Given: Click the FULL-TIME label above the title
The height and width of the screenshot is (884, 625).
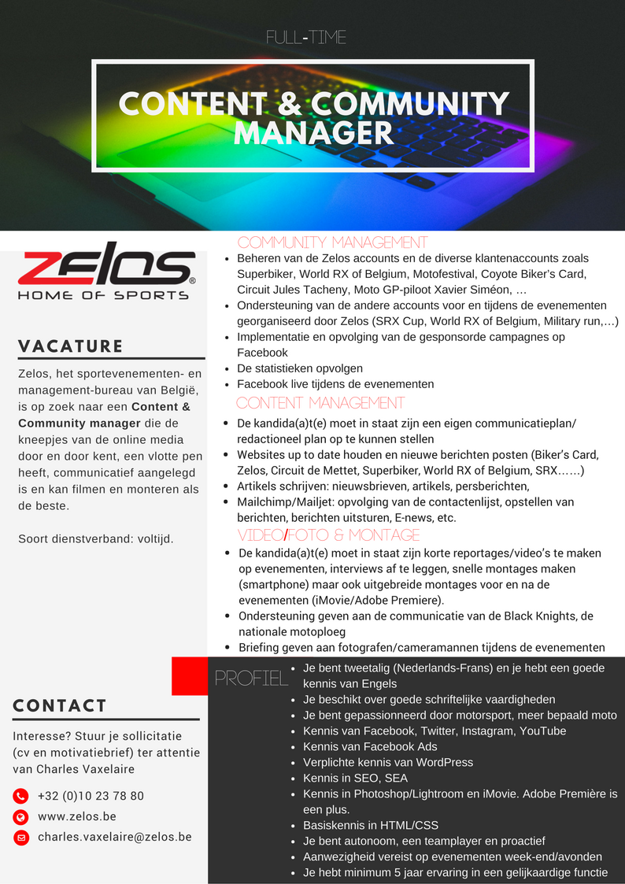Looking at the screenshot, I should pyautogui.click(x=306, y=37).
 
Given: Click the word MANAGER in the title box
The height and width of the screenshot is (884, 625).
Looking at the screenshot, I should pyautogui.click(x=313, y=132).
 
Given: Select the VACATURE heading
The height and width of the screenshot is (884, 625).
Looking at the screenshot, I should pyautogui.click(x=71, y=346).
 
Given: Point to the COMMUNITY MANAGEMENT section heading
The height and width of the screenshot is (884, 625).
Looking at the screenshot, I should pyautogui.click(x=332, y=242).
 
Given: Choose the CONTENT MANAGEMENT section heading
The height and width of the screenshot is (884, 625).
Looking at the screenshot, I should pyautogui.click(x=320, y=403).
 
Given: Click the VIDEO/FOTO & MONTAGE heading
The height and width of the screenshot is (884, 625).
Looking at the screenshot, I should pyautogui.click(x=329, y=535).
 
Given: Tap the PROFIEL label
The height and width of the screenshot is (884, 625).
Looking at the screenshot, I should pyautogui.click(x=251, y=679).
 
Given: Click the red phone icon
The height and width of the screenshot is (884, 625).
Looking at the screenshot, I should pyautogui.click(x=21, y=796).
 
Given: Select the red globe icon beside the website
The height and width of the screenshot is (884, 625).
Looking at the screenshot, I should pyautogui.click(x=21, y=817).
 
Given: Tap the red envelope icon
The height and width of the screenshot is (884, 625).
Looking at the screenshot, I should pyautogui.click(x=21, y=838).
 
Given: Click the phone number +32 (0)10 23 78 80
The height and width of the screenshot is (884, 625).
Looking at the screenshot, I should pyautogui.click(x=91, y=796).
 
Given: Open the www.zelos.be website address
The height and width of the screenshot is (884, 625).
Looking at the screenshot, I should pyautogui.click(x=77, y=816).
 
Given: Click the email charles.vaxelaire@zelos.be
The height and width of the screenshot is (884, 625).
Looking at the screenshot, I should pyautogui.click(x=115, y=837).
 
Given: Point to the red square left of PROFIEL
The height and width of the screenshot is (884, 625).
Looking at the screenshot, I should pyautogui.click(x=189, y=676).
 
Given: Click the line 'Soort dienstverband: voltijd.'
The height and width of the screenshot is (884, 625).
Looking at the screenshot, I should pyautogui.click(x=95, y=539).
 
